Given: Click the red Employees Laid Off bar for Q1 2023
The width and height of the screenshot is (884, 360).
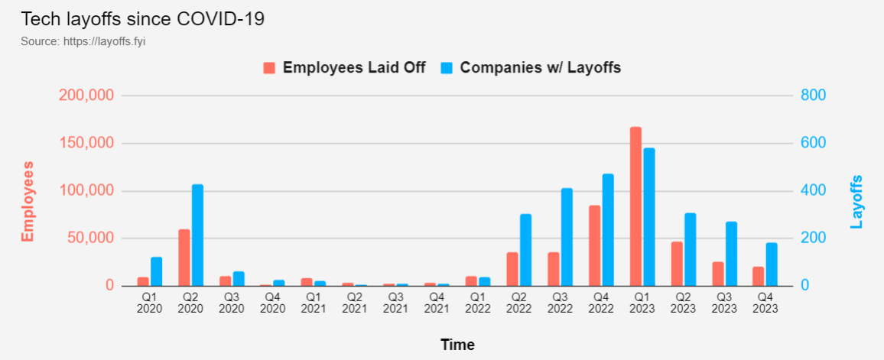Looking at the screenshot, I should click(x=635, y=206).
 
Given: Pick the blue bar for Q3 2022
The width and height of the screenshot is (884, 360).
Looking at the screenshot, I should click(x=567, y=237).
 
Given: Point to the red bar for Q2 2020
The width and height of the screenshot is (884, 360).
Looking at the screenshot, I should click(x=184, y=258).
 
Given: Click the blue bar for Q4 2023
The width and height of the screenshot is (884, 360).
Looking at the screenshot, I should click(x=772, y=264).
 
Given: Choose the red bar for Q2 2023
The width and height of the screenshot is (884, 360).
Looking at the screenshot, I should click(x=677, y=264).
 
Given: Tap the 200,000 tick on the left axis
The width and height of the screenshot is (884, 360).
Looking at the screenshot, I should click(x=86, y=96).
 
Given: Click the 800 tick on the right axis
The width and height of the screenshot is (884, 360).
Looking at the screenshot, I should click(x=813, y=96).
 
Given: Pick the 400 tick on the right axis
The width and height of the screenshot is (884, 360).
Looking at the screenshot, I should click(x=813, y=190).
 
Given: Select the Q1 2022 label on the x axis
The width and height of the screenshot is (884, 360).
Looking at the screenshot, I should click(x=478, y=303).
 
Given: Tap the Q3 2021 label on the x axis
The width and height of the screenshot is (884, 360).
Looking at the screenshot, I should click(x=395, y=303).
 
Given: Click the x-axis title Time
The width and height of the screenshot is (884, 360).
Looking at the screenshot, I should click(x=457, y=345).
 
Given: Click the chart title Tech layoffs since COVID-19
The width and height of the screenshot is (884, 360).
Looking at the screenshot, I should click(x=142, y=19).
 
